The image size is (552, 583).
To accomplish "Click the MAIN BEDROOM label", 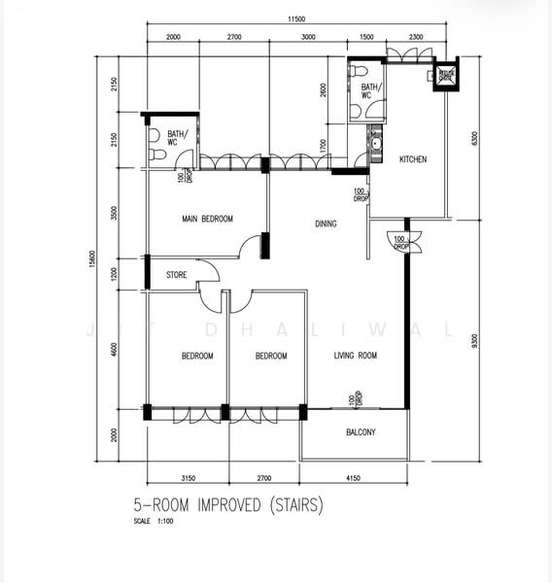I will click(207, 220).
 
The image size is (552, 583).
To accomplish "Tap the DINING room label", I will click(326, 224).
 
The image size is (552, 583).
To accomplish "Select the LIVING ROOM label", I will click(355, 357).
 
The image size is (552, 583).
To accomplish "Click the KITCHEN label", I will click(413, 159).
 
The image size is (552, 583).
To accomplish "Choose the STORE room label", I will click(176, 275).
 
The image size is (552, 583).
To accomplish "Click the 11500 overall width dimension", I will click(297, 20).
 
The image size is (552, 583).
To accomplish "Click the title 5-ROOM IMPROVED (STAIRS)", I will click(227, 505).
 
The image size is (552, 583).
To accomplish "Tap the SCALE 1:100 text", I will click(156, 522).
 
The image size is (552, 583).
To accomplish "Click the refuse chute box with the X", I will click(446, 76).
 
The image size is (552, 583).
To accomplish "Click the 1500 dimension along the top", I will click(366, 36).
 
